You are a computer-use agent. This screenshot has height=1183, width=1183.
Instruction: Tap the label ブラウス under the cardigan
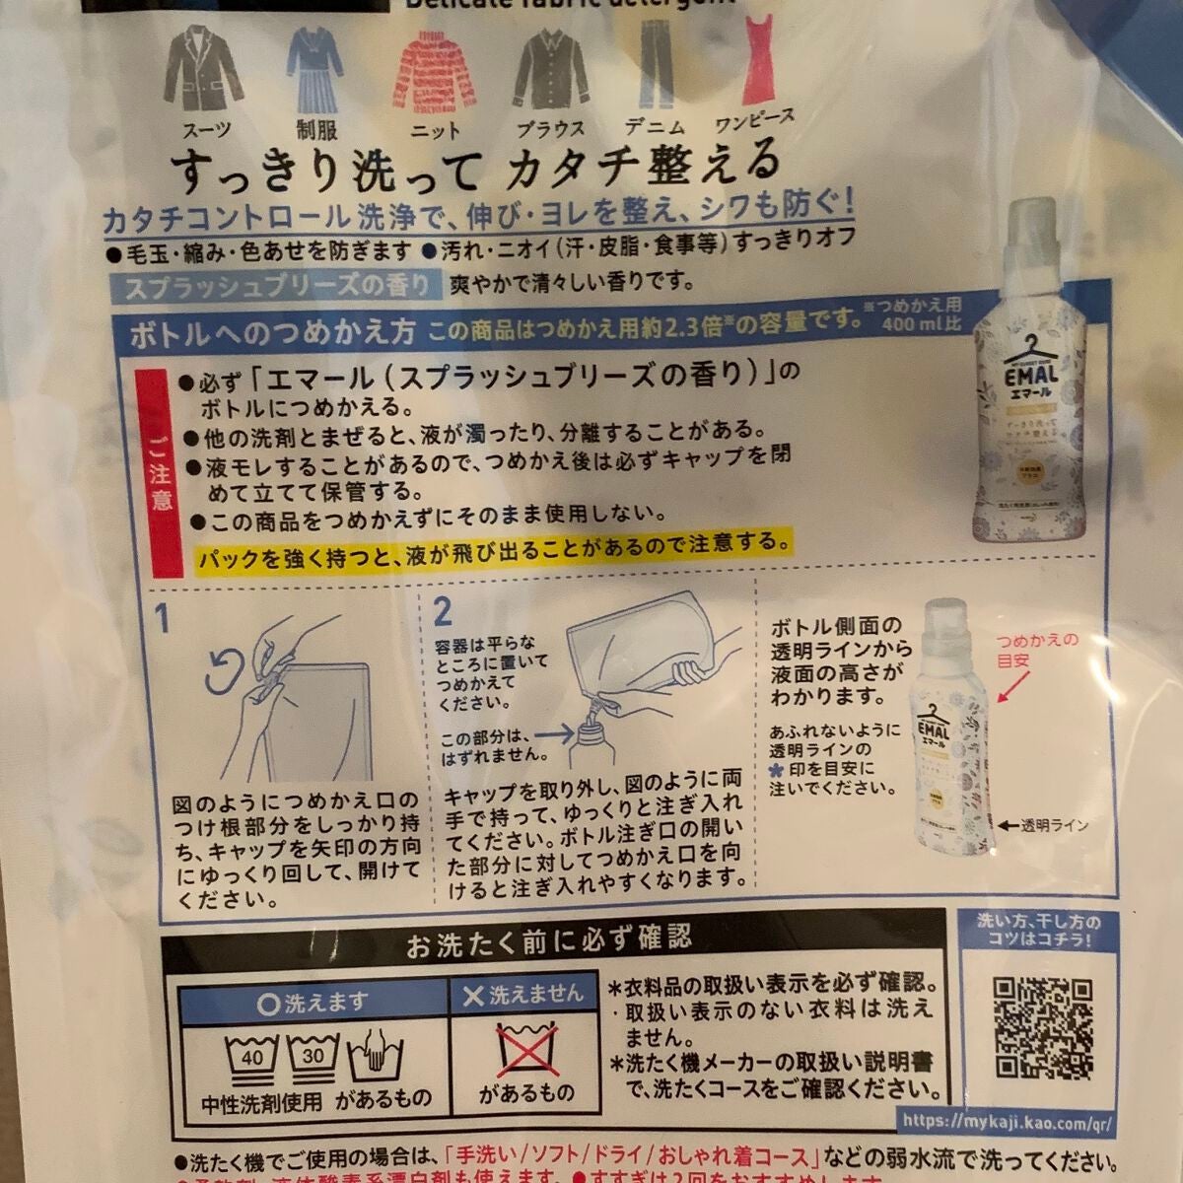550,129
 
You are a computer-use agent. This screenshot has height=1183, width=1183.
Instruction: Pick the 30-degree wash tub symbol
314,1058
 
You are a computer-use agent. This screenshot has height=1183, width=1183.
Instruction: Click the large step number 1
162,618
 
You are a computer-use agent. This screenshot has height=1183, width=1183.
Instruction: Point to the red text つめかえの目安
1038,651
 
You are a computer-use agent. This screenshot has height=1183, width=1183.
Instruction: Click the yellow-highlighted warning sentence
493,543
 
